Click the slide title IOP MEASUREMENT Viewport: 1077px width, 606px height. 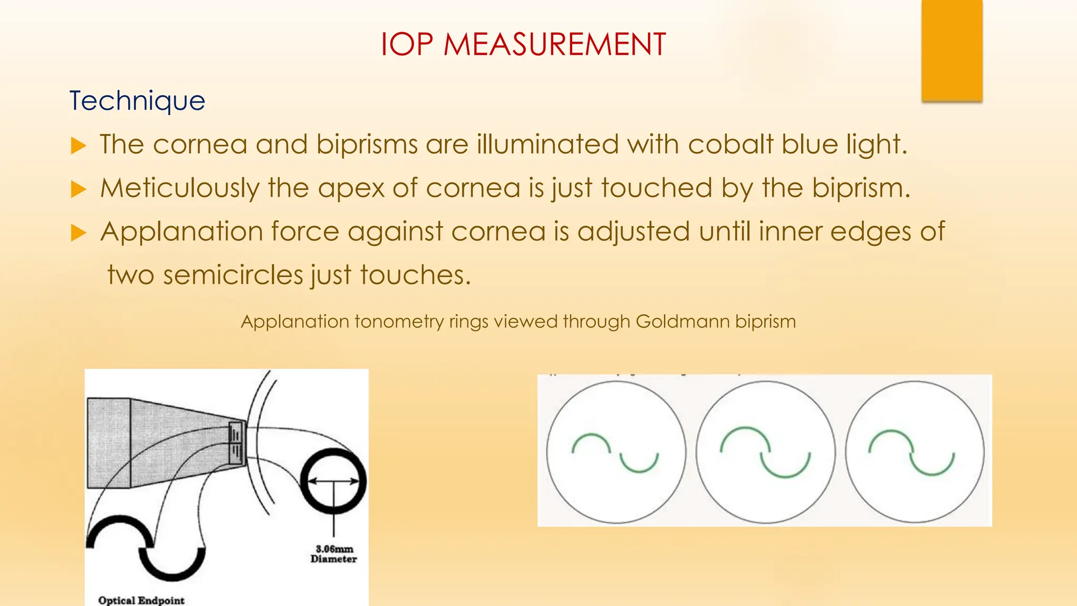coord(523,44)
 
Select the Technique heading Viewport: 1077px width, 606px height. coord(137,101)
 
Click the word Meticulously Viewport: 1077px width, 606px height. coord(179,188)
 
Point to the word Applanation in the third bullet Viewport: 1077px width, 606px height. coord(181,231)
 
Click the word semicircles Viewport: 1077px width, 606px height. coord(233,275)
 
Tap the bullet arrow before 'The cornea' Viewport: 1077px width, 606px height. coord(78,145)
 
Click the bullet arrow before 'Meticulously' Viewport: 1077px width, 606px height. coord(78,189)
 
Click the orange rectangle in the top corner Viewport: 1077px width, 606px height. coord(952,50)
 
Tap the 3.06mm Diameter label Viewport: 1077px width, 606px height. coord(333,554)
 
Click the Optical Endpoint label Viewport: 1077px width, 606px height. coord(141,600)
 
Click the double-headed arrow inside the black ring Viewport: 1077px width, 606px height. coord(333,481)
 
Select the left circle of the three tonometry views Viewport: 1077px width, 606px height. coord(616,452)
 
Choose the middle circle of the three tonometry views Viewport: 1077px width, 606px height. coord(765,452)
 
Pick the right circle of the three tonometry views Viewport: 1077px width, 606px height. coord(915,452)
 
